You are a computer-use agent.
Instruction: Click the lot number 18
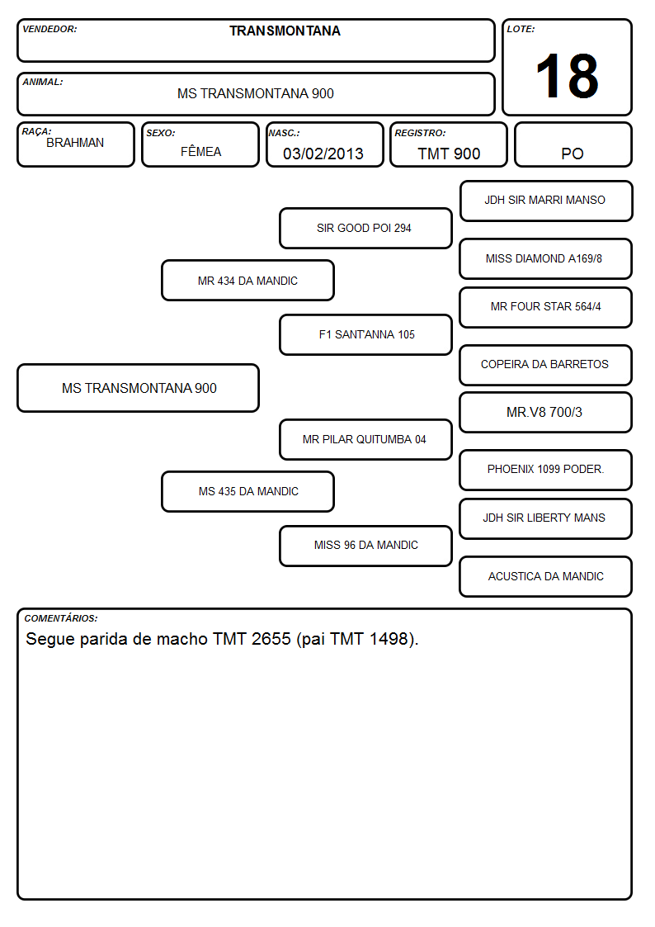pos(567,76)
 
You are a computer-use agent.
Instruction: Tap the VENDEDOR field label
pos(49,29)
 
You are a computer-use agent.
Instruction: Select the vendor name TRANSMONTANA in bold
pos(285,31)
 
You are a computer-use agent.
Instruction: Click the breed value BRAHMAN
pos(75,143)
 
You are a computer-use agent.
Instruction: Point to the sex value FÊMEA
pos(200,151)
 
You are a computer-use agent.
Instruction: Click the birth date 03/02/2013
pos(323,154)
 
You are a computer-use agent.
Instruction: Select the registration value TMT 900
pos(449,154)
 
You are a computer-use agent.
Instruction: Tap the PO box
pos(573,144)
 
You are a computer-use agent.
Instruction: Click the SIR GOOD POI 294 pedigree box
pos(365,228)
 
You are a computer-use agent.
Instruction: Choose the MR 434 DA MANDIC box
pos(248,280)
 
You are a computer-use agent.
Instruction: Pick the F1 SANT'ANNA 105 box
pos(365,334)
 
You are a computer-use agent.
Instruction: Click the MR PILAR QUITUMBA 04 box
pos(365,439)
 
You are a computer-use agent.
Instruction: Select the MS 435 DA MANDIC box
pos(248,491)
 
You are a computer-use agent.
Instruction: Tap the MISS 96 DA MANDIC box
pos(365,546)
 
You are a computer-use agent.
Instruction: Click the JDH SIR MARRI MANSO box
pos(546,201)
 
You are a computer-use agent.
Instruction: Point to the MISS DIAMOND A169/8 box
pos(546,258)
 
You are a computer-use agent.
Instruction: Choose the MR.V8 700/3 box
pos(546,412)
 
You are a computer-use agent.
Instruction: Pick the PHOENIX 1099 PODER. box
pos(546,470)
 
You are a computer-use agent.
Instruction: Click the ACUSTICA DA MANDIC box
pos(546,576)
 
